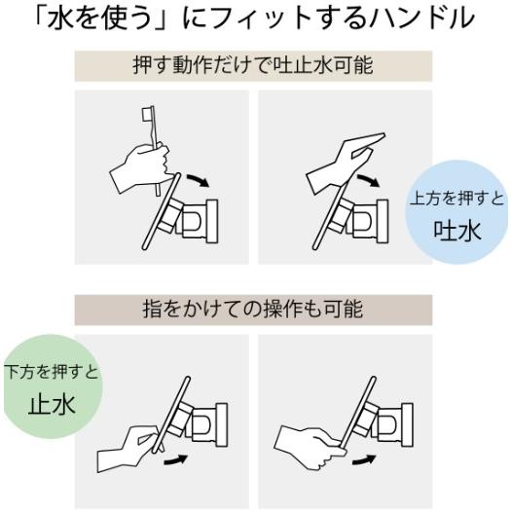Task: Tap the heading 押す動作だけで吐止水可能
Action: pyautogui.click(x=255, y=67)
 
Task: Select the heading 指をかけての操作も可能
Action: pyautogui.click(x=255, y=310)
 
